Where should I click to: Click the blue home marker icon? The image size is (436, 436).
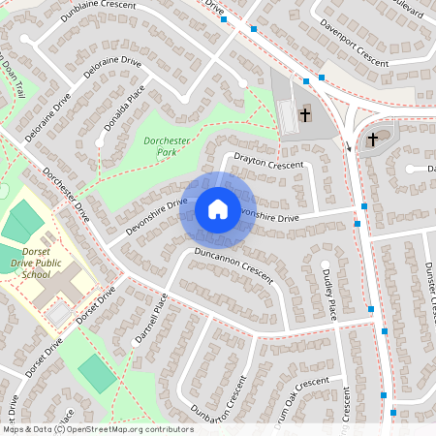point(218,209)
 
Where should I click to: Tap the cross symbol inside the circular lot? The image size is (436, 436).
point(372,140)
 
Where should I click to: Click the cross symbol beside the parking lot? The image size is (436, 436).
point(305,114)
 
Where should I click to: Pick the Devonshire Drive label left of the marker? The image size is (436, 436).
point(155,216)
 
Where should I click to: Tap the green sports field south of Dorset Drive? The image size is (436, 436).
point(96,373)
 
